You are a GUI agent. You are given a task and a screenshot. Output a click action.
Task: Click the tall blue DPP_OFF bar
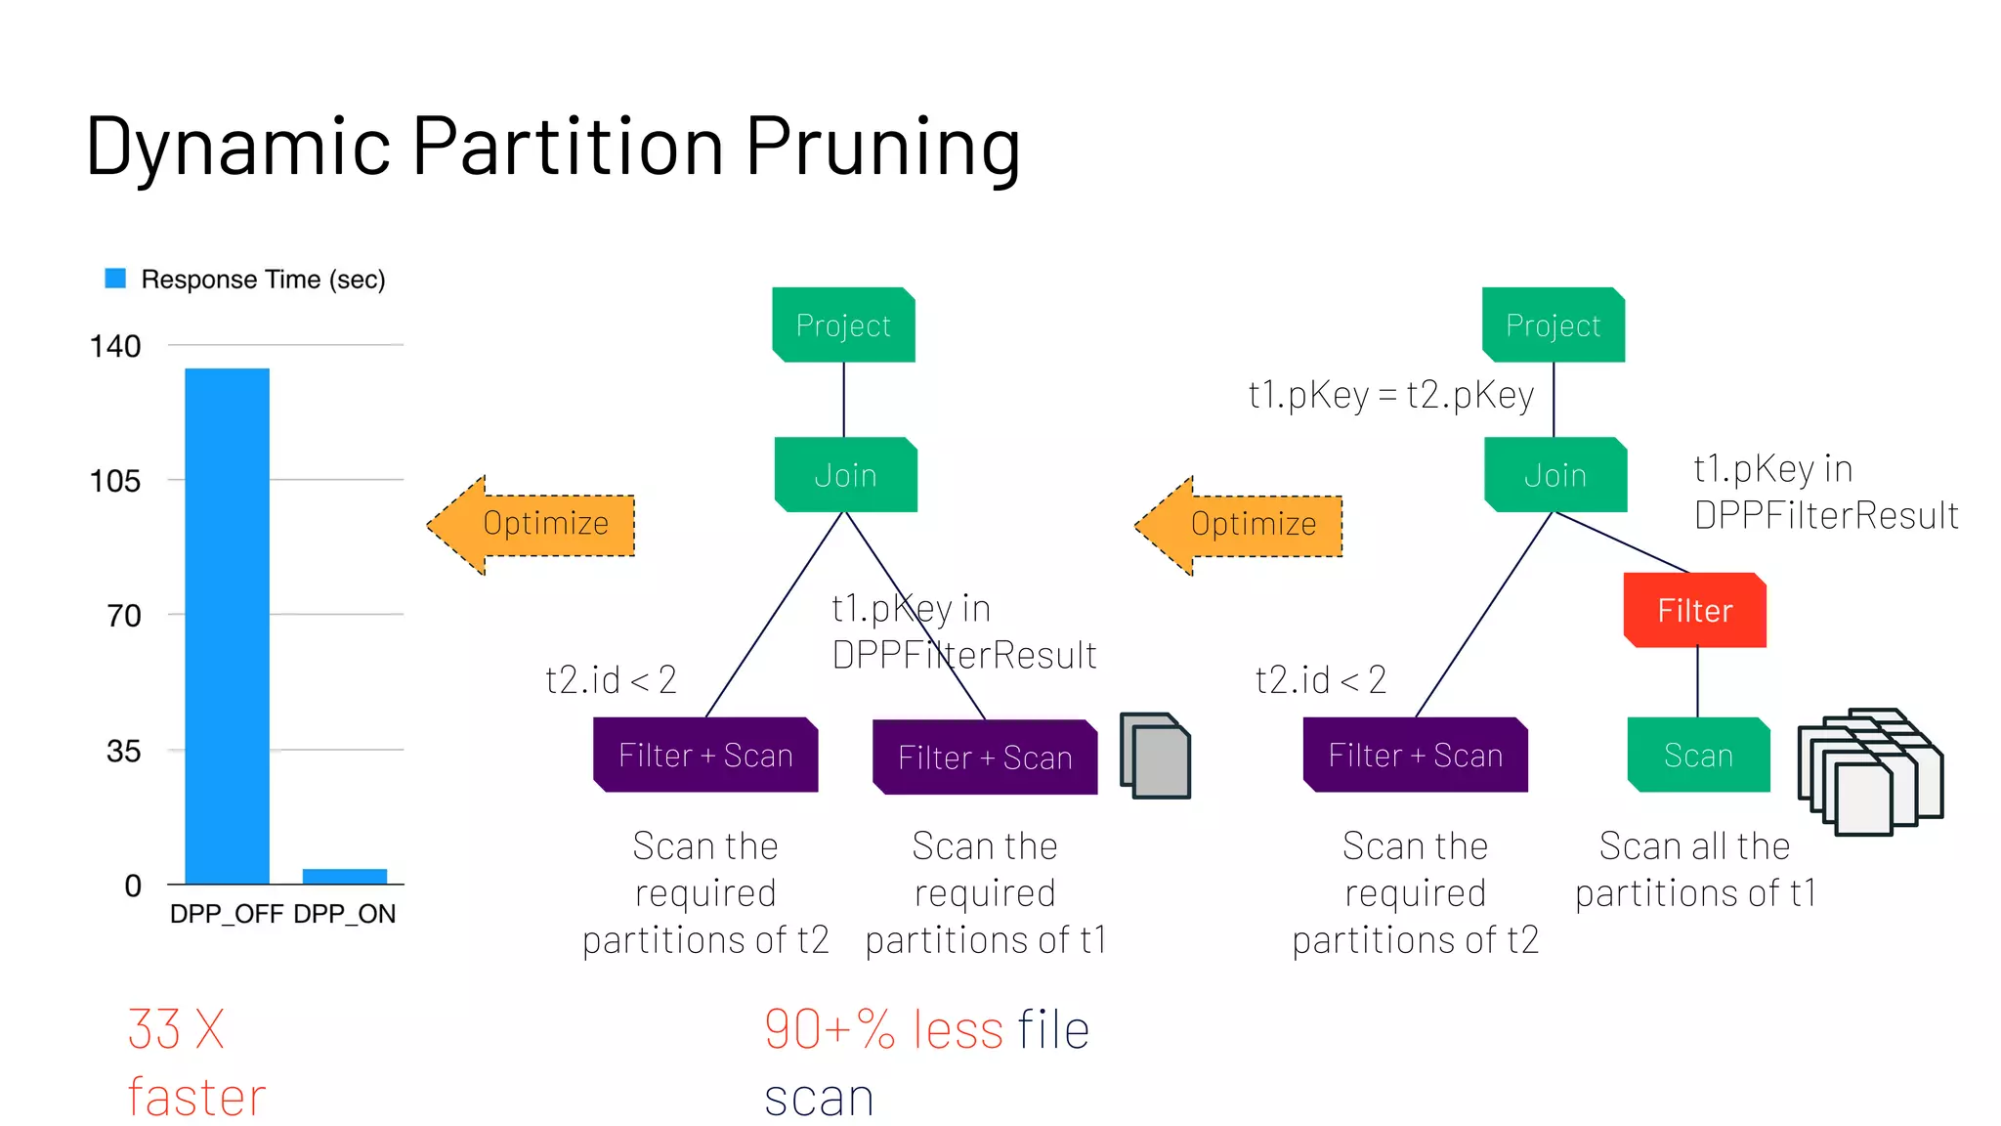(x=227, y=626)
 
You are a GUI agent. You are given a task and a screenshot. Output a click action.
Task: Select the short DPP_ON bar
(x=345, y=876)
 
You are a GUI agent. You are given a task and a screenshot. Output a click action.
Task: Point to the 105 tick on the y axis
(x=115, y=481)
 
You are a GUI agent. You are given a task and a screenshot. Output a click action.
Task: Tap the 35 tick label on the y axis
(x=123, y=752)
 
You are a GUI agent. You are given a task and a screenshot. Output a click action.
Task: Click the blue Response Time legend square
(x=115, y=279)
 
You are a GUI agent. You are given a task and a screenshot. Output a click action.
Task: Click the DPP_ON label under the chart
(x=344, y=914)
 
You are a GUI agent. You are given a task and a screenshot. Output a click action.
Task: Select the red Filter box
(x=1694, y=611)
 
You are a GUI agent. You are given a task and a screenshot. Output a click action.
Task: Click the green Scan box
(x=1698, y=756)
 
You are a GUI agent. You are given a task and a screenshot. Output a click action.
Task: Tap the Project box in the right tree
(x=1553, y=325)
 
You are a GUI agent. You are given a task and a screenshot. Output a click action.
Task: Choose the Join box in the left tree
(x=845, y=476)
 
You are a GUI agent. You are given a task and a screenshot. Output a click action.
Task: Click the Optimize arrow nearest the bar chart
(x=532, y=525)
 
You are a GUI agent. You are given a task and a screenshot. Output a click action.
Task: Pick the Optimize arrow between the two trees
(x=1240, y=525)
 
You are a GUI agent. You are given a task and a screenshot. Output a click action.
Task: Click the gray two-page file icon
(x=1156, y=756)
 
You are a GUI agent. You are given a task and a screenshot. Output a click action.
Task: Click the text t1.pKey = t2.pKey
(x=1390, y=395)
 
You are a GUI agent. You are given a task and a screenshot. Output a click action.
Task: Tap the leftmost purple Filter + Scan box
(x=705, y=756)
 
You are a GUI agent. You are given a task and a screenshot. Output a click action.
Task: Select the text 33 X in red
(x=176, y=1029)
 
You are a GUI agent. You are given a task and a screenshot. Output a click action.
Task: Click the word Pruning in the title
(x=883, y=147)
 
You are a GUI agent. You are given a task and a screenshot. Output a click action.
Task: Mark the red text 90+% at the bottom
(x=830, y=1029)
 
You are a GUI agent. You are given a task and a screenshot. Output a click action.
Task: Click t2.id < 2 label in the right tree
(x=1320, y=679)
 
